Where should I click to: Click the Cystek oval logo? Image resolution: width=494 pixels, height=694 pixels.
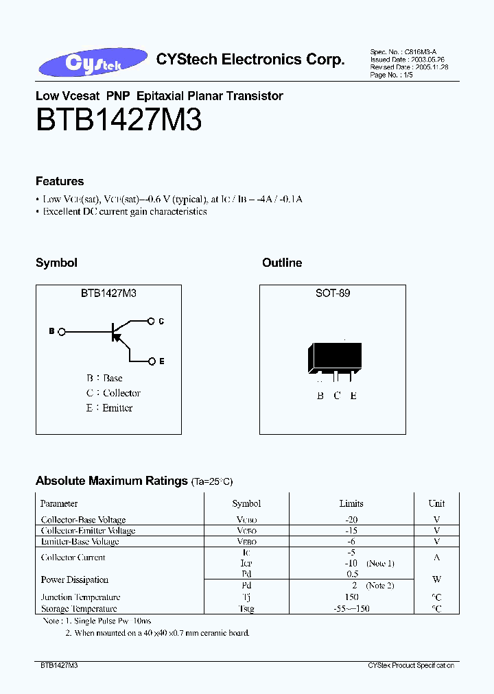[x=93, y=63]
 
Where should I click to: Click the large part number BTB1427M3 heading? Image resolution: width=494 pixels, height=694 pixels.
[x=119, y=121]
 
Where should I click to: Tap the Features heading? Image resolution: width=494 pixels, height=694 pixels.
[x=60, y=181]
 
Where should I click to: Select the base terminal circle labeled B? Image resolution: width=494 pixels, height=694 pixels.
[x=62, y=332]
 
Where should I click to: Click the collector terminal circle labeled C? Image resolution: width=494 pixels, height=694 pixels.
[x=152, y=320]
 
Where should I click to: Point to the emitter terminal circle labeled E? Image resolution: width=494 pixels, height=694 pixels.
[x=152, y=361]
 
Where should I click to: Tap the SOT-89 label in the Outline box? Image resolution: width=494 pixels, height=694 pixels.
[x=333, y=293]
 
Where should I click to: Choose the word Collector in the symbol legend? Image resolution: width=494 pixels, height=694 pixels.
[x=121, y=393]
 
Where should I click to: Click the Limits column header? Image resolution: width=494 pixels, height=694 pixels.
[x=351, y=503]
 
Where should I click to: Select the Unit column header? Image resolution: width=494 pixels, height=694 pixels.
[x=436, y=503]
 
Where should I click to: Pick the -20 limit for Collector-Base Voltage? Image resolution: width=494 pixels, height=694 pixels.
[x=351, y=520]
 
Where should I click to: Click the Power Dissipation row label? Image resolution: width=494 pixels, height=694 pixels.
[x=75, y=579]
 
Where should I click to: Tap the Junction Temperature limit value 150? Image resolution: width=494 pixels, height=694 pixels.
[x=351, y=597]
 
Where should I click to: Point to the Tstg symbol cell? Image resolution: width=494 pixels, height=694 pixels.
[x=246, y=608]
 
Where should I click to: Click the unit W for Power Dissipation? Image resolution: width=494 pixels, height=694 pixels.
[x=436, y=579]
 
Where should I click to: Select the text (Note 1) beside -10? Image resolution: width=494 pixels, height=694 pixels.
[x=381, y=563]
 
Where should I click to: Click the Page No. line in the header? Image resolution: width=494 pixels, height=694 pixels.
[x=390, y=75]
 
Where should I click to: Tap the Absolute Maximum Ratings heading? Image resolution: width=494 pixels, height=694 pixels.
[x=112, y=481]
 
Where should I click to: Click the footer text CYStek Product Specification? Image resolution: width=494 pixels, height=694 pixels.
[x=411, y=665]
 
